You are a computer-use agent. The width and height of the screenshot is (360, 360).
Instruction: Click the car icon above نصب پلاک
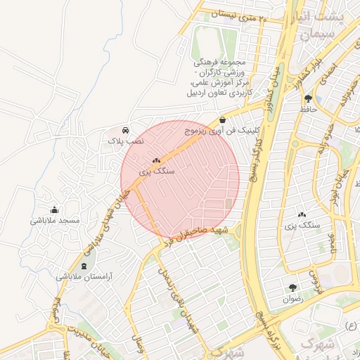click(125, 130)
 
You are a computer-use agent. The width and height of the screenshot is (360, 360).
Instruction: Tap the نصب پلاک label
click(125, 141)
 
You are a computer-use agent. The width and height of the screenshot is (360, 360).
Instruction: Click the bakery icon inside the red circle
click(156, 160)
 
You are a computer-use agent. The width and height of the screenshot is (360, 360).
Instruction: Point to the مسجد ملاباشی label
click(56, 221)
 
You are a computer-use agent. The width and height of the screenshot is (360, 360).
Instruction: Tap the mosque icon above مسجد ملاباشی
click(55, 210)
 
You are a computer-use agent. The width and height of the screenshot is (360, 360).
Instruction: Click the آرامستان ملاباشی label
click(85, 277)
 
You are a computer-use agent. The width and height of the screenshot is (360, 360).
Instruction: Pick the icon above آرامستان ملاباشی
click(85, 266)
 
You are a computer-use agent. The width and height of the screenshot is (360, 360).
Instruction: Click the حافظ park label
click(308, 110)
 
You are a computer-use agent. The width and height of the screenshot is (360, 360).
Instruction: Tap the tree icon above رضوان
click(292, 288)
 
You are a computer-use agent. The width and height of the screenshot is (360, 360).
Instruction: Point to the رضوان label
click(292, 299)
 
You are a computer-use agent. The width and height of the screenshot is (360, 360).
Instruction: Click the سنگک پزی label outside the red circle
click(302, 226)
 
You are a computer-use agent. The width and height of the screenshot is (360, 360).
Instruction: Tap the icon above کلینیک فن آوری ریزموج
click(223, 120)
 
